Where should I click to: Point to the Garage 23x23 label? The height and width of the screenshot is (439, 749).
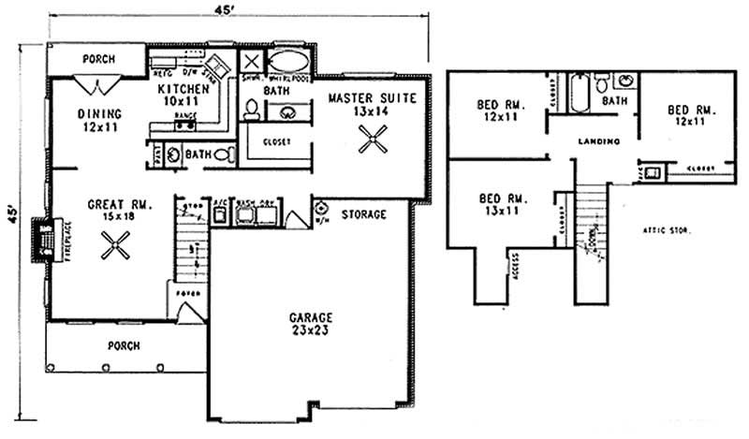pos(310,324)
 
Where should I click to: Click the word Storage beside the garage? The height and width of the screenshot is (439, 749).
pos(363,214)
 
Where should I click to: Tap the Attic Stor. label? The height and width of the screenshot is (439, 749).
pos(666,228)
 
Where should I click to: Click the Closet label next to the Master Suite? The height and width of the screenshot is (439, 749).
pos(277,142)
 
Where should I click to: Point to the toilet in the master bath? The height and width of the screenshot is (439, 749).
pos(251,110)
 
